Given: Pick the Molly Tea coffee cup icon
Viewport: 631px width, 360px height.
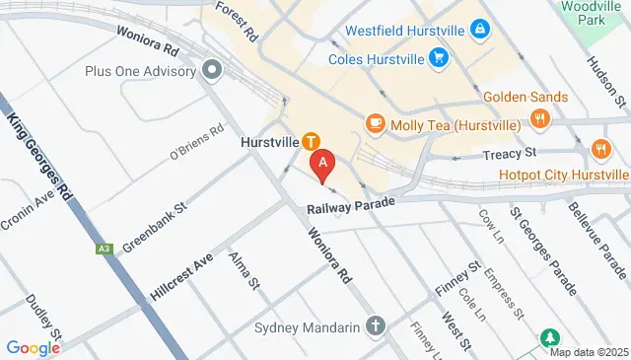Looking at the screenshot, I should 375,123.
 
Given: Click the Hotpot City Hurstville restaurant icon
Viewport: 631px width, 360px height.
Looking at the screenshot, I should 600,148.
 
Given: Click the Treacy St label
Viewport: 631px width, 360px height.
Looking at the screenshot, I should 510,154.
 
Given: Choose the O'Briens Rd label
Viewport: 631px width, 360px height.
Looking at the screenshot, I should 197,144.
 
